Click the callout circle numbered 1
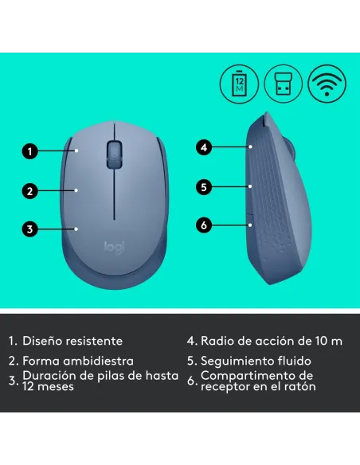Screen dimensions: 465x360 29,149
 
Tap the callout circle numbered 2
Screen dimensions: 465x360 29,190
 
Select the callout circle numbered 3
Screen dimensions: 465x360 29,229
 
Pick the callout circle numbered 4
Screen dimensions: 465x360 204,147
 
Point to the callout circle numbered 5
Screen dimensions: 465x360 204,187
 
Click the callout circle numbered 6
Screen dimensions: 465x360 204,225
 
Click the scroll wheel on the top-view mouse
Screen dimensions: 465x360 115,150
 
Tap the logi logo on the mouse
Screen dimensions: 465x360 115,248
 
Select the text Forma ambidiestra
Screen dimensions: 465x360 78,361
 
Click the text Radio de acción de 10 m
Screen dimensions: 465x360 271,341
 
